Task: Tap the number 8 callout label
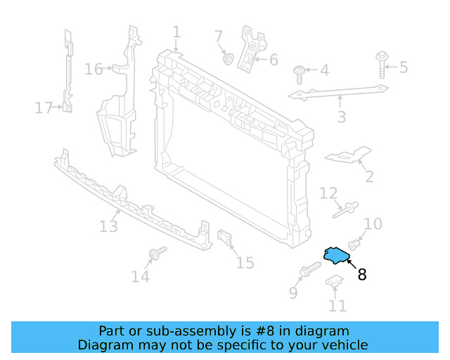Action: click(x=362, y=275)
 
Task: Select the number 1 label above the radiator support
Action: click(x=176, y=32)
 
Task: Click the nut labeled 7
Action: click(x=228, y=58)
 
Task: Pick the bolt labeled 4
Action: click(x=300, y=70)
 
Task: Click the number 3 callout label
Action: click(x=341, y=117)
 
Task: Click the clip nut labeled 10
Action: click(x=354, y=245)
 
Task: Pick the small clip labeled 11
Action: click(x=334, y=283)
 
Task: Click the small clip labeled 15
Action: click(x=226, y=239)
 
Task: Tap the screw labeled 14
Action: click(x=157, y=252)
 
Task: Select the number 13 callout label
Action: click(x=108, y=226)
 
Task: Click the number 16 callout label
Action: click(x=94, y=69)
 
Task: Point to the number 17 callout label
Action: click(x=44, y=108)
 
